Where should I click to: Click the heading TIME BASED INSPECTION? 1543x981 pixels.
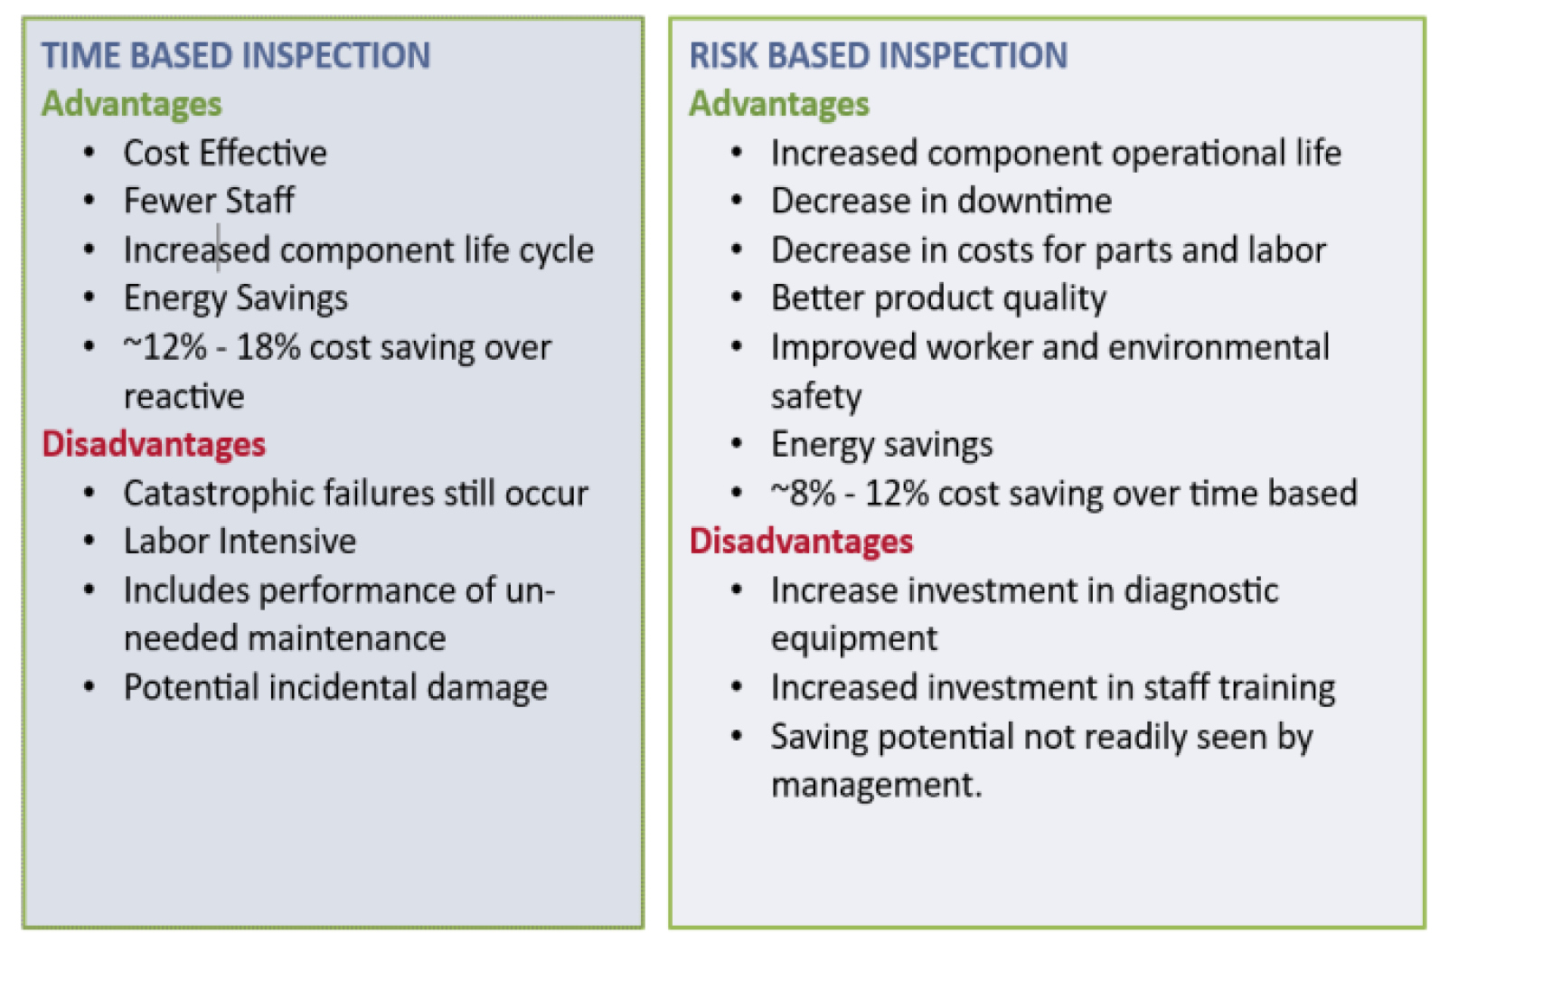pos(236,56)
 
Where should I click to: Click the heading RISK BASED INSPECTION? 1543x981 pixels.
pos(878,56)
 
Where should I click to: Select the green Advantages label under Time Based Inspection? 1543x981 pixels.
pos(132,104)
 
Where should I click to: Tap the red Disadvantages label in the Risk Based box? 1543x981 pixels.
pos(801,542)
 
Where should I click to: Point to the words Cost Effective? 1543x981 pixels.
pos(225,154)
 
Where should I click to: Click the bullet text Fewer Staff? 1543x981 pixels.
pos(209,201)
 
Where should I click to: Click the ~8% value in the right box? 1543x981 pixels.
pos(803,494)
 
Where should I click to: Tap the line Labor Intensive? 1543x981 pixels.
pos(240,542)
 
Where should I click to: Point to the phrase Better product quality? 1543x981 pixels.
pos(938,298)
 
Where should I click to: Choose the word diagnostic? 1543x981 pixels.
pos(1201,590)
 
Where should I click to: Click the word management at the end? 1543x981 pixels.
pos(875,785)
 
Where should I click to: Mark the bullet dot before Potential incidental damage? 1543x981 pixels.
pos(89,687)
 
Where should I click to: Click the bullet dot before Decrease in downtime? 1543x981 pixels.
pos(737,201)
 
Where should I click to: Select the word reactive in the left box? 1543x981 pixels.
pos(183,396)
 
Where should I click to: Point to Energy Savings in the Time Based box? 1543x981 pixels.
pos(235,298)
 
